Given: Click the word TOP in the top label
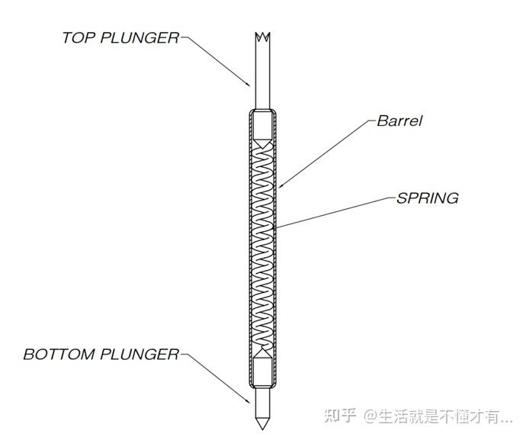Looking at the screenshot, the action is coord(79,37).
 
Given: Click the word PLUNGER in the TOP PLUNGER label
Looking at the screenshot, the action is coord(140,37).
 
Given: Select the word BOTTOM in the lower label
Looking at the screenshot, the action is coord(59,355).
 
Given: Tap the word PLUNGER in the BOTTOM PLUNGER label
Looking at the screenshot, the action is coord(140,355).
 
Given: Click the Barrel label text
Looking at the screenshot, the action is coord(399,120).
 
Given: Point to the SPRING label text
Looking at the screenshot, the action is coord(428,198).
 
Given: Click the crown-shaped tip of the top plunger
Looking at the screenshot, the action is coord(263,37).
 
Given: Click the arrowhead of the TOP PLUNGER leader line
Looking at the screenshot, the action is coord(248,84).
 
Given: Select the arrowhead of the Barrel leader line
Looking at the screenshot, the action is coord(281,185).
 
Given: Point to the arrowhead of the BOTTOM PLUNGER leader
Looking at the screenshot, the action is coord(248,400).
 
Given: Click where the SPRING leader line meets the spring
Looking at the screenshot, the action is coord(274,228).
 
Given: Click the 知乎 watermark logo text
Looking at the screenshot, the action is coord(340,416).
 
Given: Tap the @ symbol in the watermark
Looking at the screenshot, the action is coord(370,416).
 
